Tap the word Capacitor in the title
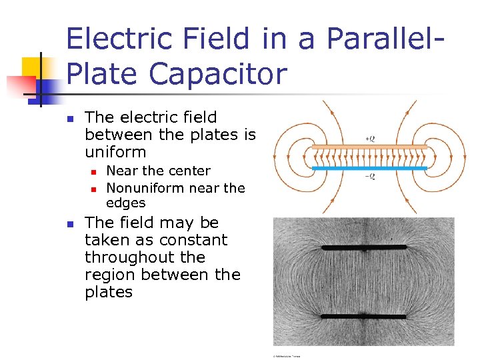(222, 73)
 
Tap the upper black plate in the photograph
(363, 248)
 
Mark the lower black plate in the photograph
(363, 316)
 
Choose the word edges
(125, 203)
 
